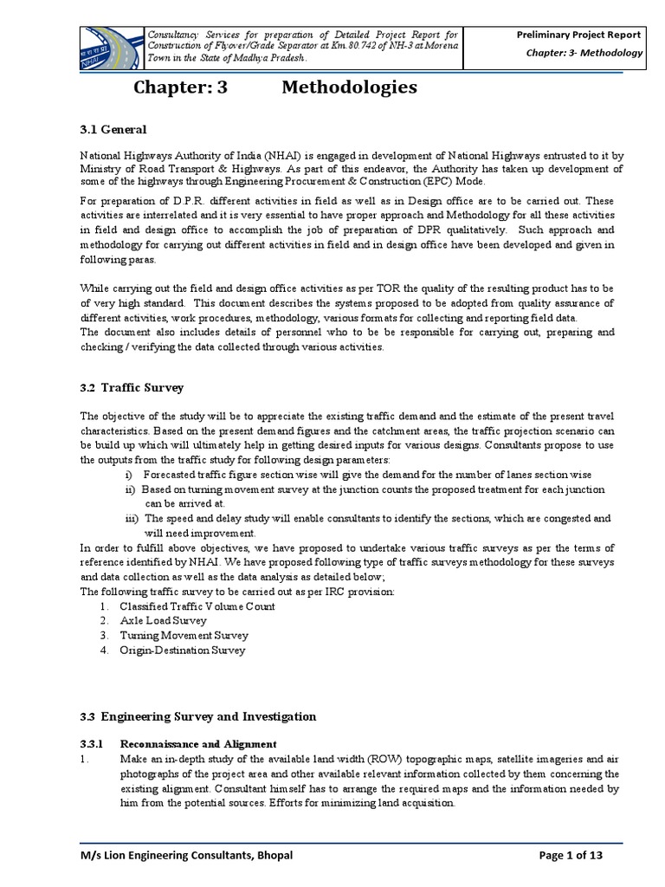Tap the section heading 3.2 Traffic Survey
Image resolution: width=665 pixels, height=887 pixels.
pyautogui.click(x=132, y=388)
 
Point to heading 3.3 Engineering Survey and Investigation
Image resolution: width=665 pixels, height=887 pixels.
pyautogui.click(x=197, y=716)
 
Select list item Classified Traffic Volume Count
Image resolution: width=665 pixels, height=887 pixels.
pyautogui.click(x=197, y=606)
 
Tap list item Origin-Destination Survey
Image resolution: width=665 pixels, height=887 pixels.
pyautogui.click(x=182, y=650)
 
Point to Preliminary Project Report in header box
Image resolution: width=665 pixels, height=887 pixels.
pyautogui.click(x=579, y=35)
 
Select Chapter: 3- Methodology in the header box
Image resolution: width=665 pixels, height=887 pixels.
pyautogui.click(x=585, y=53)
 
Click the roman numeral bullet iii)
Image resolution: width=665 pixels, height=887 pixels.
pyautogui.click(x=131, y=518)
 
